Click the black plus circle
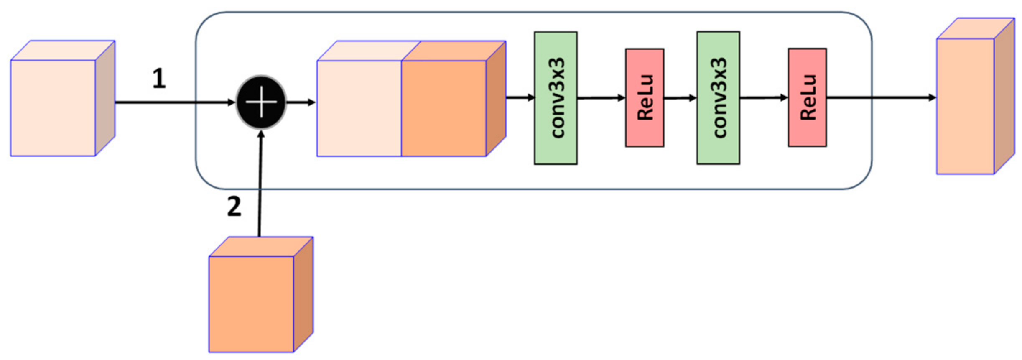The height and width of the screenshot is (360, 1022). (261, 102)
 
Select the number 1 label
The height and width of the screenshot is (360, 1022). (159, 79)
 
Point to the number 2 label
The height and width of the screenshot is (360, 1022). (234, 207)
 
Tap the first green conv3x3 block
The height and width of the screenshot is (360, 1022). (556, 98)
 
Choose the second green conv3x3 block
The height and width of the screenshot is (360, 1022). (718, 98)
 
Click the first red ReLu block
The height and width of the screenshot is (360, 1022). (645, 98)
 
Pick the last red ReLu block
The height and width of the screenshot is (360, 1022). (807, 97)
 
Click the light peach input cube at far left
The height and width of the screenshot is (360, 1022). (54, 108)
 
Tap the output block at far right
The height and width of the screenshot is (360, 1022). (966, 106)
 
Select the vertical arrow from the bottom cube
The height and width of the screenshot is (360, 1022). (260, 184)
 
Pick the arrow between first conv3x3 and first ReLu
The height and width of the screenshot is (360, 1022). (601, 98)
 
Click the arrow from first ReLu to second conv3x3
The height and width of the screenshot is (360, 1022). (680, 98)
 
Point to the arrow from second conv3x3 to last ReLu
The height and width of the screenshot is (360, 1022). (764, 97)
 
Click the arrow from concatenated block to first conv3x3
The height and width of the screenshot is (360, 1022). (520, 97)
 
